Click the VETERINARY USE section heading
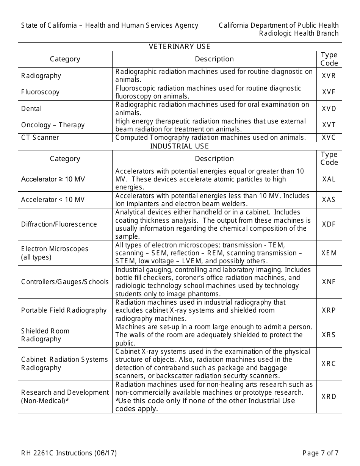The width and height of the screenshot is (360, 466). (x=180, y=47)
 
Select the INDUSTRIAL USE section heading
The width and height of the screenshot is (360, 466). (x=180, y=146)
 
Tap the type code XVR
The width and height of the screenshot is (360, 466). (x=329, y=76)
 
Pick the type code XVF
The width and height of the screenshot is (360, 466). (x=329, y=92)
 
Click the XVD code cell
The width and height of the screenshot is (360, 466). (x=329, y=109)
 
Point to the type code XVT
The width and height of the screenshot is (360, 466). (x=329, y=125)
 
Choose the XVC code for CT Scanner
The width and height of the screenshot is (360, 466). (x=329, y=138)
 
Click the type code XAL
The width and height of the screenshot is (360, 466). (x=329, y=179)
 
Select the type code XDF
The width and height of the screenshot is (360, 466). (x=329, y=224)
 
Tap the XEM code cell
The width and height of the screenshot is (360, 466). (x=329, y=253)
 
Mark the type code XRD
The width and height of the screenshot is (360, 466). (x=329, y=397)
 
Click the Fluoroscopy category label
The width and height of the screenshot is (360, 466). (x=41, y=92)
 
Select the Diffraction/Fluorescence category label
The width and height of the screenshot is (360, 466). (x=59, y=224)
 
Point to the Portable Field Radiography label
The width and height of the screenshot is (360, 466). (x=64, y=310)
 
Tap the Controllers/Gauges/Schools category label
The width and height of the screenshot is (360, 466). (x=65, y=282)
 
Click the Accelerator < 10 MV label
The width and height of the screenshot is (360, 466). (x=53, y=200)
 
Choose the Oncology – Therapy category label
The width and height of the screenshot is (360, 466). (x=53, y=125)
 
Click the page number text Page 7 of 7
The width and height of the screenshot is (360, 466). (x=320, y=453)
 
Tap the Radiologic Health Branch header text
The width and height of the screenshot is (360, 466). (x=299, y=33)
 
